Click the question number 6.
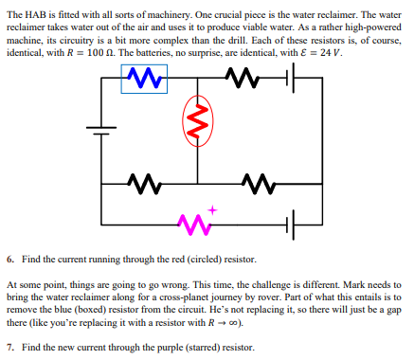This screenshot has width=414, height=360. coord(9,259)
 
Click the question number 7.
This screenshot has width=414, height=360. coord(9,348)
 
